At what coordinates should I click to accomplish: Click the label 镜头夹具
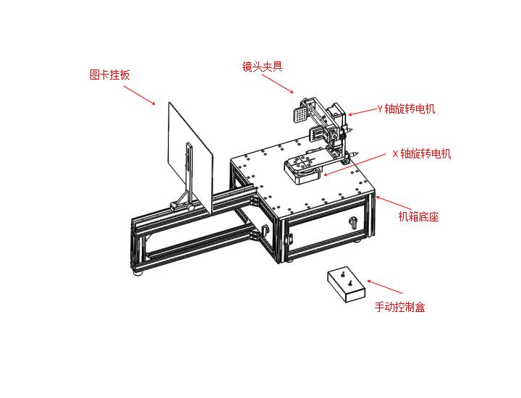pyautogui.click(x=261, y=67)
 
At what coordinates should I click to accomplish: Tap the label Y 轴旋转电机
pyautogui.click(x=406, y=109)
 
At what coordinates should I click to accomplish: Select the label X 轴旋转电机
pyautogui.click(x=420, y=153)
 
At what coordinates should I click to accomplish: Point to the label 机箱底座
pyautogui.click(x=419, y=216)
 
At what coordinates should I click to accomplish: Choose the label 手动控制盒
pyautogui.click(x=399, y=307)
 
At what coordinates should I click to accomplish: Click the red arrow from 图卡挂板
pyautogui.click(x=139, y=96)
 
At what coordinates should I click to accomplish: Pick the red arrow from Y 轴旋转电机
pyautogui.click(x=361, y=111)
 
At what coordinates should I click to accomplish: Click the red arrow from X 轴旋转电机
pyautogui.click(x=355, y=164)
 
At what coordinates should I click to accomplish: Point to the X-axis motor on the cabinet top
pyautogui.click(x=302, y=168)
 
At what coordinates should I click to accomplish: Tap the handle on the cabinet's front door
pyautogui.click(x=353, y=220)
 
